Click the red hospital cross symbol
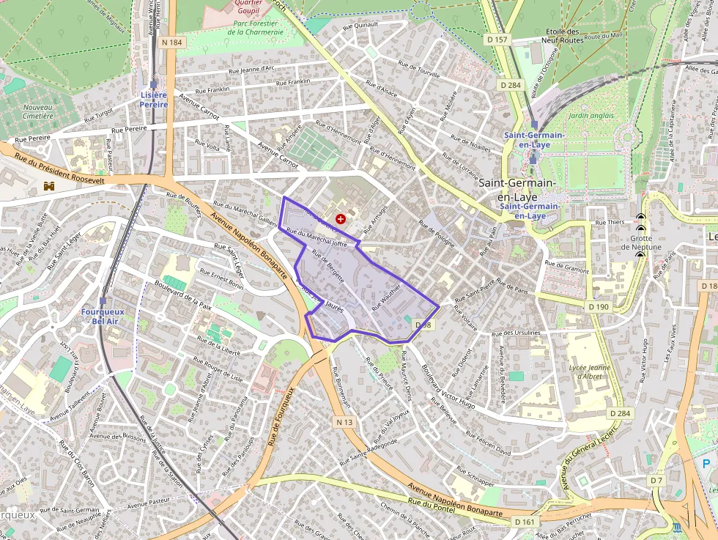pyautogui.click(x=341, y=218)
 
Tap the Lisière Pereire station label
pyautogui.click(x=154, y=100)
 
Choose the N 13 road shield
pyautogui.click(x=344, y=422)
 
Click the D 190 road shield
pyautogui.click(x=598, y=306)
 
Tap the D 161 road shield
pyautogui.click(x=525, y=522)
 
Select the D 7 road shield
pyautogui.click(x=656, y=480)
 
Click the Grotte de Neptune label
pyautogui.click(x=641, y=243)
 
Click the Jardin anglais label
pyautogui.click(x=591, y=115)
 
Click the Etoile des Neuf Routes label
pyautogui.click(x=561, y=36)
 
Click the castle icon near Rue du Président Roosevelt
pyautogui.click(x=50, y=187)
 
